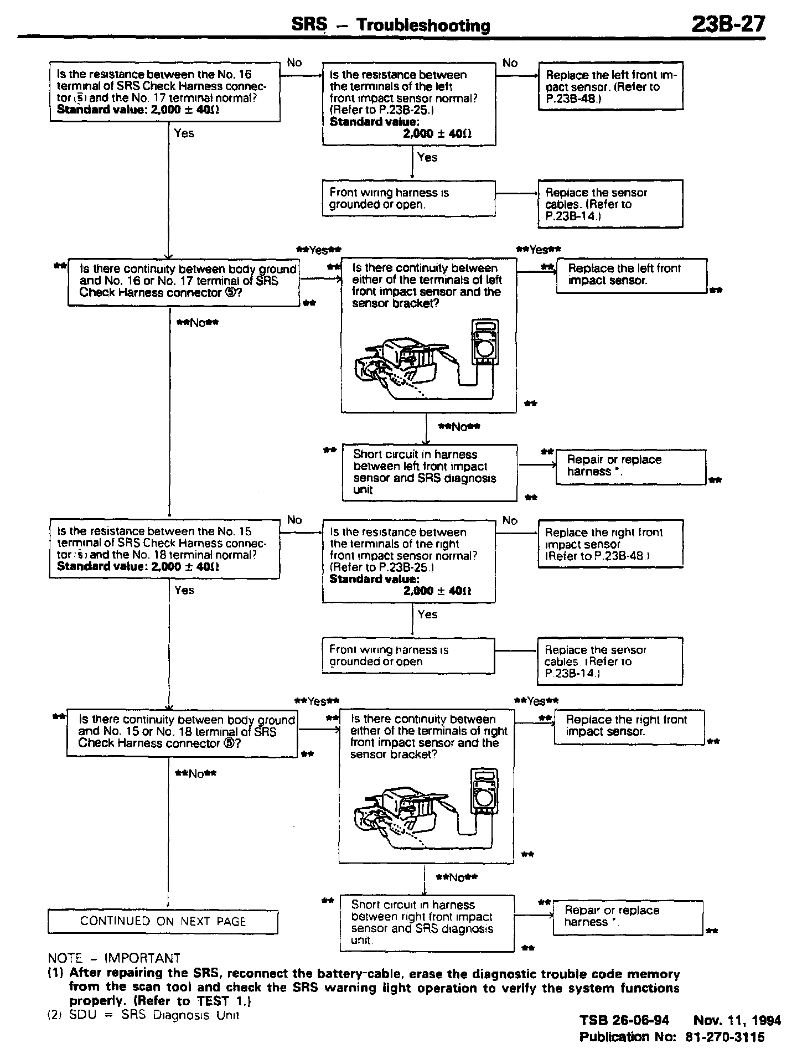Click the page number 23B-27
coord(728,24)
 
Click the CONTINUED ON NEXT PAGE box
coord(163,921)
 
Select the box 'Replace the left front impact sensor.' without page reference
coord(632,275)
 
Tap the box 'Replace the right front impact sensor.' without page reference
coord(629,726)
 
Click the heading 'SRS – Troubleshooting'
coord(391,25)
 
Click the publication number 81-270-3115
coord(725,1037)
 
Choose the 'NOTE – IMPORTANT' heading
coord(114,958)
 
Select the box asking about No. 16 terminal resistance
coord(164,92)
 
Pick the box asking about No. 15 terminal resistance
coord(164,549)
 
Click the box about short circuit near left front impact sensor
coord(429,472)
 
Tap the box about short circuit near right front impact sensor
coord(427,923)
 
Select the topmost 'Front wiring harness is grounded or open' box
coord(409,198)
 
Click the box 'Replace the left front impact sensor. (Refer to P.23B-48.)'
coord(610,86)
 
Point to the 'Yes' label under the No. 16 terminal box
coord(184,133)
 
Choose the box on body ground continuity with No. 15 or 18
coord(182,732)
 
